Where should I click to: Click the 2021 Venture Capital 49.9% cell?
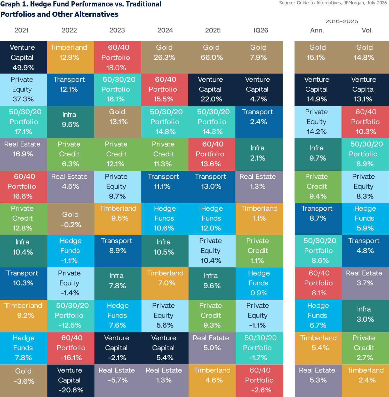[x=23, y=57]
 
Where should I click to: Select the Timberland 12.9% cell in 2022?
[x=70, y=57]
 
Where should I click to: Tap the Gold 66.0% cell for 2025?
[x=212, y=57]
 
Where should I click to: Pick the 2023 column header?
[x=117, y=30]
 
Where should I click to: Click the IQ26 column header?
[x=261, y=30]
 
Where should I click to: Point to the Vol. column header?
[x=367, y=30]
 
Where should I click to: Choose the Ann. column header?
[x=317, y=30]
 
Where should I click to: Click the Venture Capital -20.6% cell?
[x=70, y=380]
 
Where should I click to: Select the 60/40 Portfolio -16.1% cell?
[x=70, y=348]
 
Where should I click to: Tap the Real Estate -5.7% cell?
[x=118, y=380]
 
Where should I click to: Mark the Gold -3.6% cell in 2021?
[x=23, y=380]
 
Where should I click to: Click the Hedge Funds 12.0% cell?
[x=212, y=219]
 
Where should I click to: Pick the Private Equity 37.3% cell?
[x=23, y=90]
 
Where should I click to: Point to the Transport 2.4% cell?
[x=259, y=122]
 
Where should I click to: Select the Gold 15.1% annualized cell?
[x=318, y=57]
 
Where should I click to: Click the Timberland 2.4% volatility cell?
[x=365, y=380]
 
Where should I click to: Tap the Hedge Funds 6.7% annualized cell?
[x=318, y=316]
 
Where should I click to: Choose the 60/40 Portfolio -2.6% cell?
[x=259, y=380]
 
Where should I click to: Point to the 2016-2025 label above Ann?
[x=342, y=21]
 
